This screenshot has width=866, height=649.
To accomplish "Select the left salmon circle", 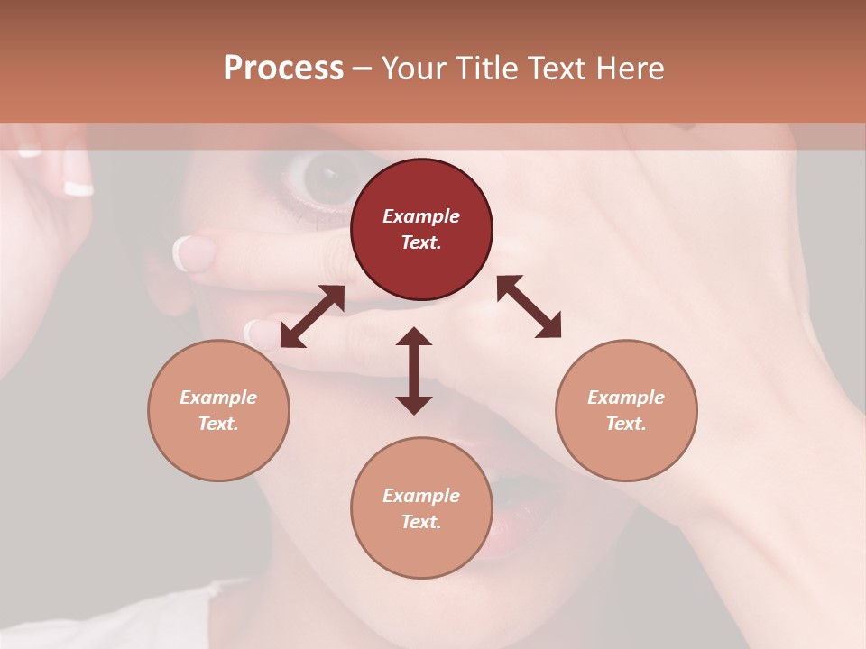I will [218, 410].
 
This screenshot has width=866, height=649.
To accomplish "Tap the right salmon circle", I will [626, 410].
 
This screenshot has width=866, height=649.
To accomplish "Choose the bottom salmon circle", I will [421, 507].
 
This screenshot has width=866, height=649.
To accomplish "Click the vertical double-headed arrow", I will [414, 370].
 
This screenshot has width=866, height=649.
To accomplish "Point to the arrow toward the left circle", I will [312, 316].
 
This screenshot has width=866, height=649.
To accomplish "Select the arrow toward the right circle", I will [529, 306].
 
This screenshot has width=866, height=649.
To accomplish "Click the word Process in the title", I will [283, 69].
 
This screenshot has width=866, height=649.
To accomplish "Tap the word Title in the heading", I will [486, 69].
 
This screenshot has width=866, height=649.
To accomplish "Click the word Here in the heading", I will [631, 69].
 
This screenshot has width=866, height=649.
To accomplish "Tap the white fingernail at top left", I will [78, 187].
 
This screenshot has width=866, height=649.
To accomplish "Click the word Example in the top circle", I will [421, 216].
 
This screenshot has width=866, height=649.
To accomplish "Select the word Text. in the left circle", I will [218, 424].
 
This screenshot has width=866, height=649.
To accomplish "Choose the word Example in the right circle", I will [626, 398].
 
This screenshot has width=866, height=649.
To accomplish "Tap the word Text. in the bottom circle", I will [421, 522].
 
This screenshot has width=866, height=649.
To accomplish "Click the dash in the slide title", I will [363, 69].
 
